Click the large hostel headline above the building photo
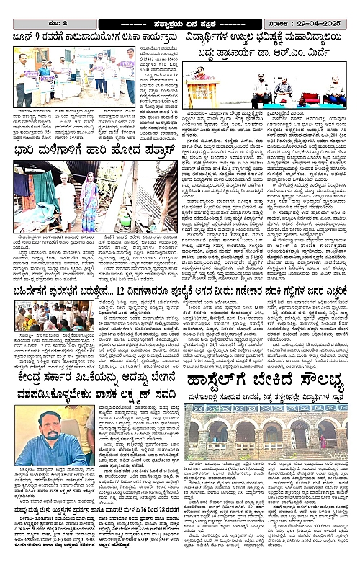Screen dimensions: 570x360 pos(269,381)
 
